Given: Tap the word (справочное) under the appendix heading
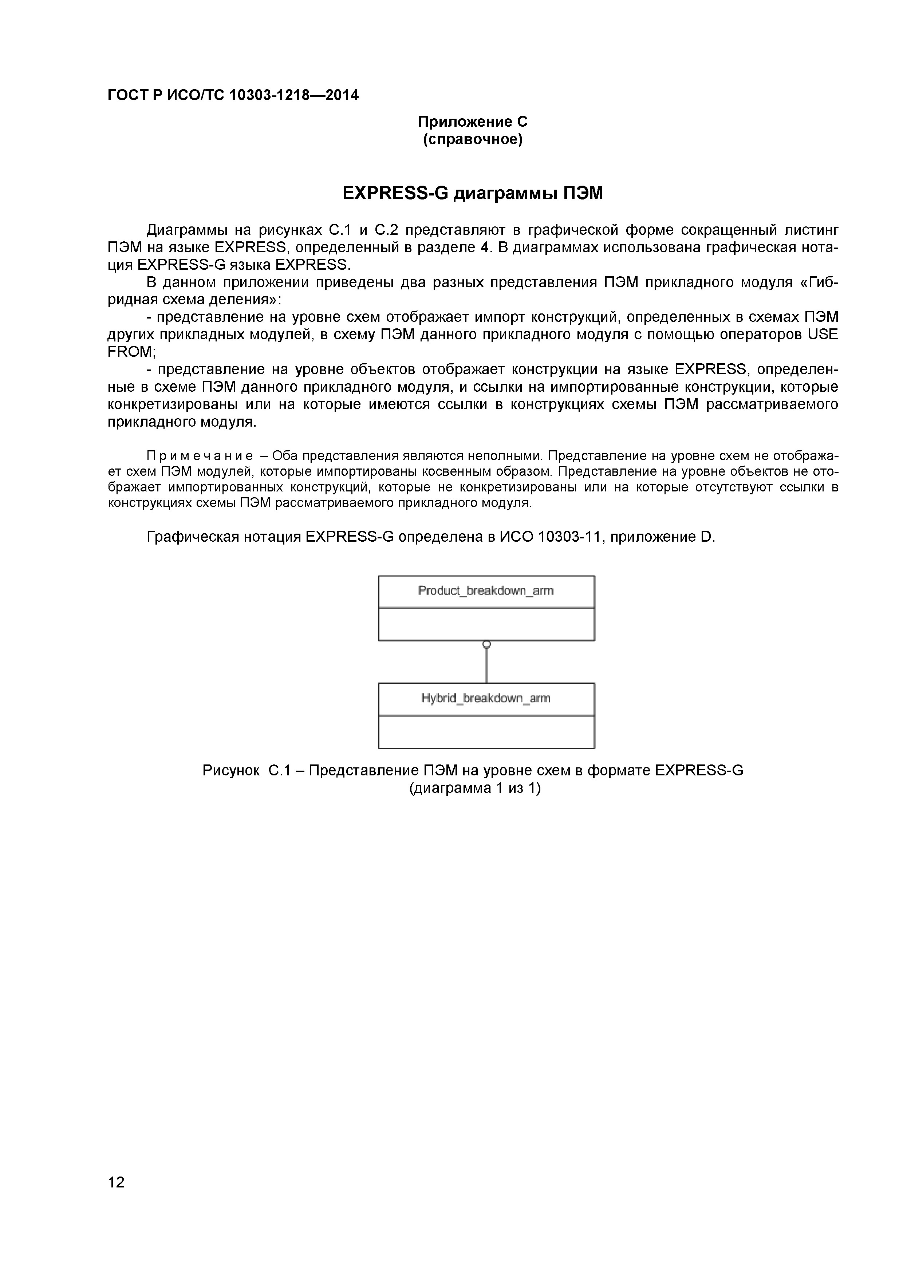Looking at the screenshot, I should point(472,139).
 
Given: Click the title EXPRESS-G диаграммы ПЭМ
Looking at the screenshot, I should point(472,194).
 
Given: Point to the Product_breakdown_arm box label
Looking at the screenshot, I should point(486,591).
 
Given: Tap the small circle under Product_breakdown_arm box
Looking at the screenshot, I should point(486,644).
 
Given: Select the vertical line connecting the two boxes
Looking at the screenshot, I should point(486,665).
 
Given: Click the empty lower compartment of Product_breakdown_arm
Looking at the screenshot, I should point(486,624).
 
